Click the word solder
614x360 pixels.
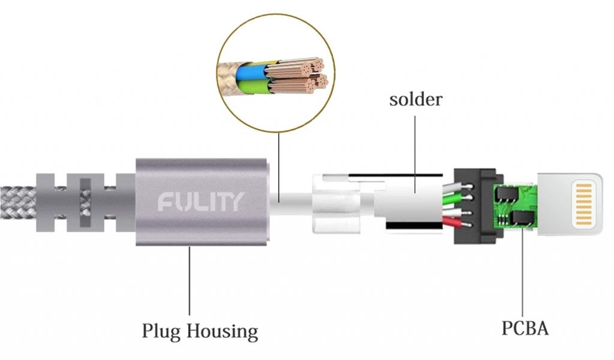pyautogui.click(x=416, y=98)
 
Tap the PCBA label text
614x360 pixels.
pyautogui.click(x=524, y=329)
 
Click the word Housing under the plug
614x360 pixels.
pyautogui.click(x=221, y=331)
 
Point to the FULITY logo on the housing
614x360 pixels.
pyautogui.click(x=201, y=202)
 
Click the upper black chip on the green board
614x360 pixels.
pyautogui.click(x=506, y=193)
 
